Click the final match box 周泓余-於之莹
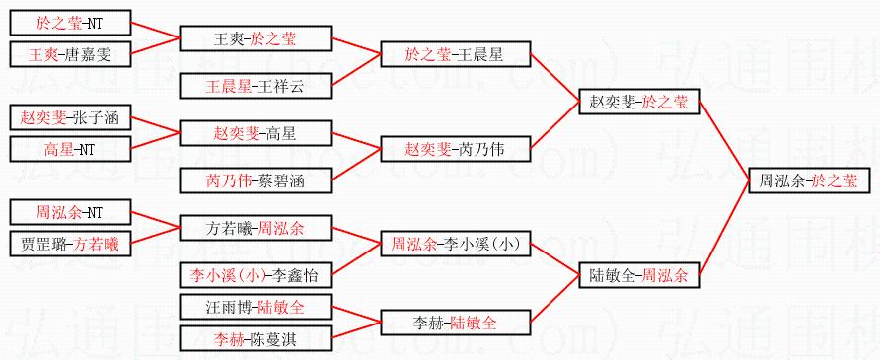tap(810, 181)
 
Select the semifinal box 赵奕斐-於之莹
tap(639, 102)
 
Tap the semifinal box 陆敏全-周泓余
tap(639, 275)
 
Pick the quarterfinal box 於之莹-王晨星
tap(455, 54)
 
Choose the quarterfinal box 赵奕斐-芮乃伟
tap(455, 149)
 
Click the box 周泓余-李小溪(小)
tap(455, 244)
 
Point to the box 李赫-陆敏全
tap(455, 323)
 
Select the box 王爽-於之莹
tap(256, 38)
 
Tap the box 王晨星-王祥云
tap(256, 86)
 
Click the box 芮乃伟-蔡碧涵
tap(256, 180)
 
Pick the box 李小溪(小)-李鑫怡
tap(256, 275)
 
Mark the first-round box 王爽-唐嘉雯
tap(70, 54)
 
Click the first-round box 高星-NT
tap(70, 149)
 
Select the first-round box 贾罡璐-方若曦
tap(70, 244)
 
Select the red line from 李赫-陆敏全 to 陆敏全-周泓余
tap(554, 299)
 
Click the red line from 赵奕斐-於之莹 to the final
tap(724, 141)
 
